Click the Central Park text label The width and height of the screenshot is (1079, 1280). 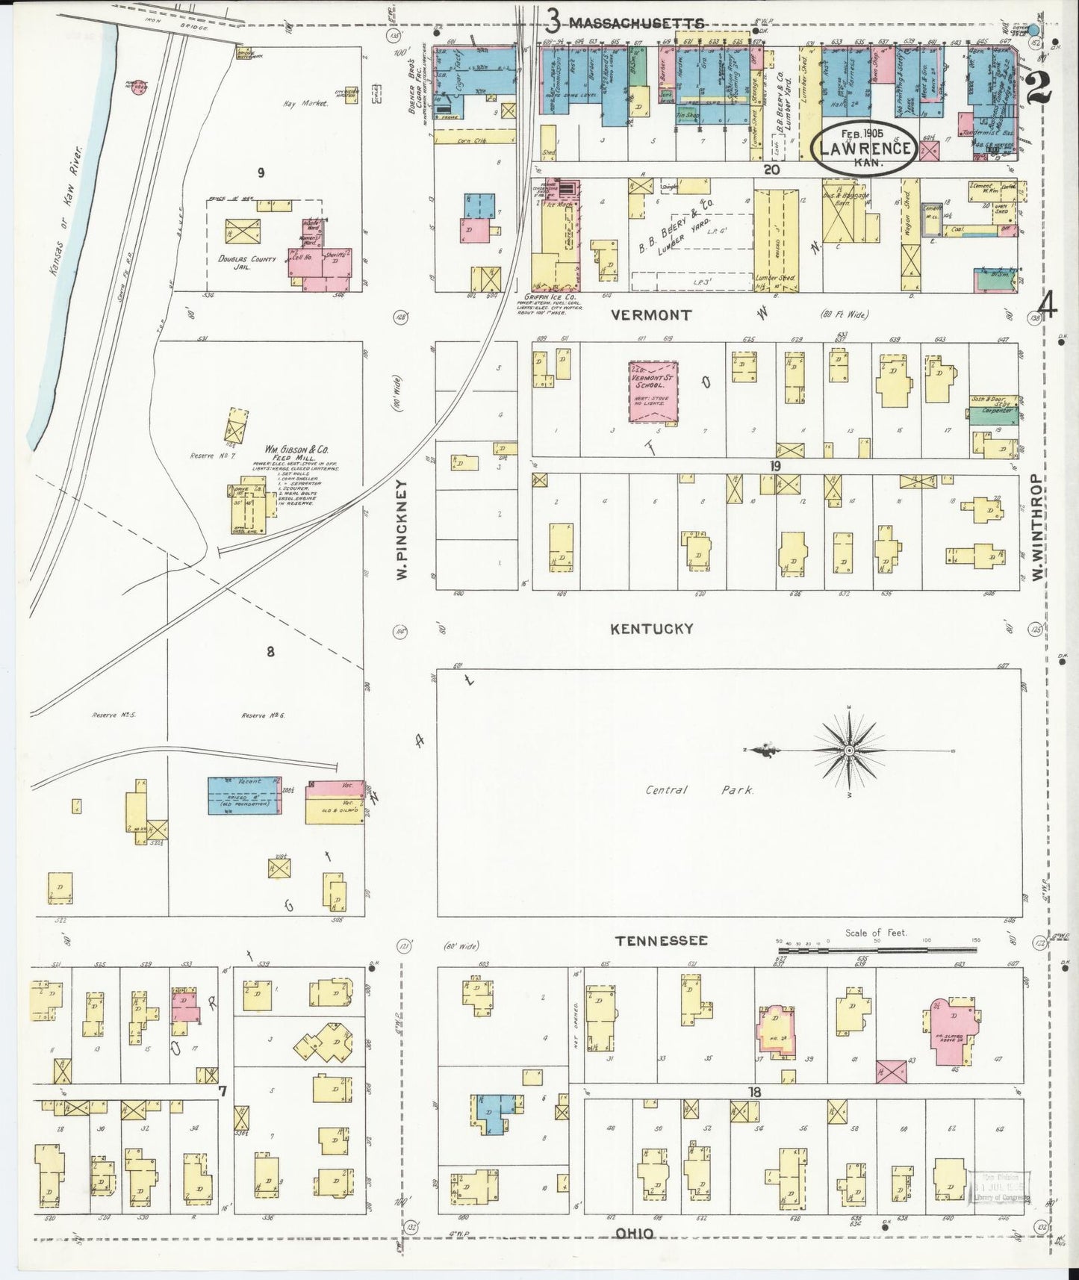tap(699, 789)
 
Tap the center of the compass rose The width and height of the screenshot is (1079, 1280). tap(850, 750)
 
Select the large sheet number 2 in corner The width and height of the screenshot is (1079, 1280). tap(1039, 87)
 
